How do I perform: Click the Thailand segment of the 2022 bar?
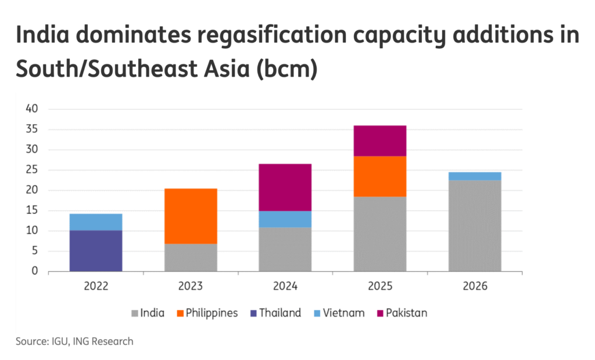pos(96,251)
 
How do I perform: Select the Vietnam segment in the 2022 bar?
pos(96,222)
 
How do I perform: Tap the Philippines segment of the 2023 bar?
pos(191,216)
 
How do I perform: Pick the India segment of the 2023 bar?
pos(191,257)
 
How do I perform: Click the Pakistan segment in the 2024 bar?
pos(285,187)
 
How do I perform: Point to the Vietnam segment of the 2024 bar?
pos(285,219)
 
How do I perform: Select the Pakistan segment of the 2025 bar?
pos(380,141)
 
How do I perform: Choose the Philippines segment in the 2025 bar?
pos(380,176)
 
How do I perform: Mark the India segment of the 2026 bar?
pos(475,225)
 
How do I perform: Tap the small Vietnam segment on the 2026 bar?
pos(475,176)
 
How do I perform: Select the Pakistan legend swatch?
pos(381,314)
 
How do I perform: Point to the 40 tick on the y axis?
pos(31,109)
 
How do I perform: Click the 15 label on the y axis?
pos(31,210)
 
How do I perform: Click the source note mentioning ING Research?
pos(74,341)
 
